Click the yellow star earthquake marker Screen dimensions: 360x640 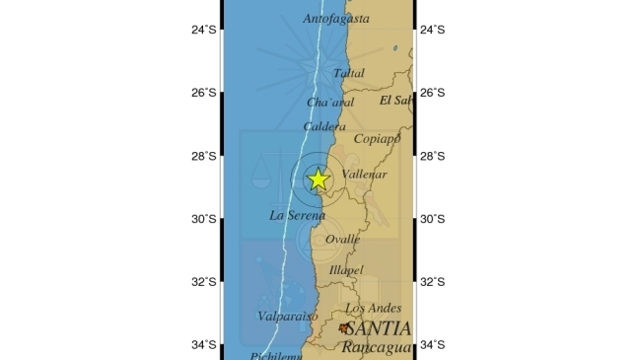pyautogui.click(x=319, y=179)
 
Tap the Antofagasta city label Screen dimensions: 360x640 pyautogui.click(x=336, y=19)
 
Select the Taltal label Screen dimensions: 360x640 pyautogui.click(x=348, y=73)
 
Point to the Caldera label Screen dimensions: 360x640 pyautogui.click(x=324, y=127)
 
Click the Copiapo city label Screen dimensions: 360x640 pyautogui.click(x=377, y=139)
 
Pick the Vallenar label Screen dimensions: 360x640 pyautogui.click(x=364, y=175)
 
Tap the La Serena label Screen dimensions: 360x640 pyautogui.click(x=297, y=215)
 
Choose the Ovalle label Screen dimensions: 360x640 pyautogui.click(x=342, y=239)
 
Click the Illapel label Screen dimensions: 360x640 pyautogui.click(x=346, y=270)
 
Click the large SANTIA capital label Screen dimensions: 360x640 pyautogui.click(x=379, y=328)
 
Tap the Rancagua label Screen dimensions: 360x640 pyautogui.click(x=378, y=346)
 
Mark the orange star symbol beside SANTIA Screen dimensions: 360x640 pyautogui.click(x=343, y=327)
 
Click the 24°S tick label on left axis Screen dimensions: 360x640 pyautogui.click(x=204, y=30)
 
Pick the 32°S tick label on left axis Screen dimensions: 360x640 pyautogui.click(x=204, y=282)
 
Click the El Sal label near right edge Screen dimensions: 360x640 pyautogui.click(x=395, y=101)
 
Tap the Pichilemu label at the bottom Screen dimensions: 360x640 pyautogui.click(x=273, y=355)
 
